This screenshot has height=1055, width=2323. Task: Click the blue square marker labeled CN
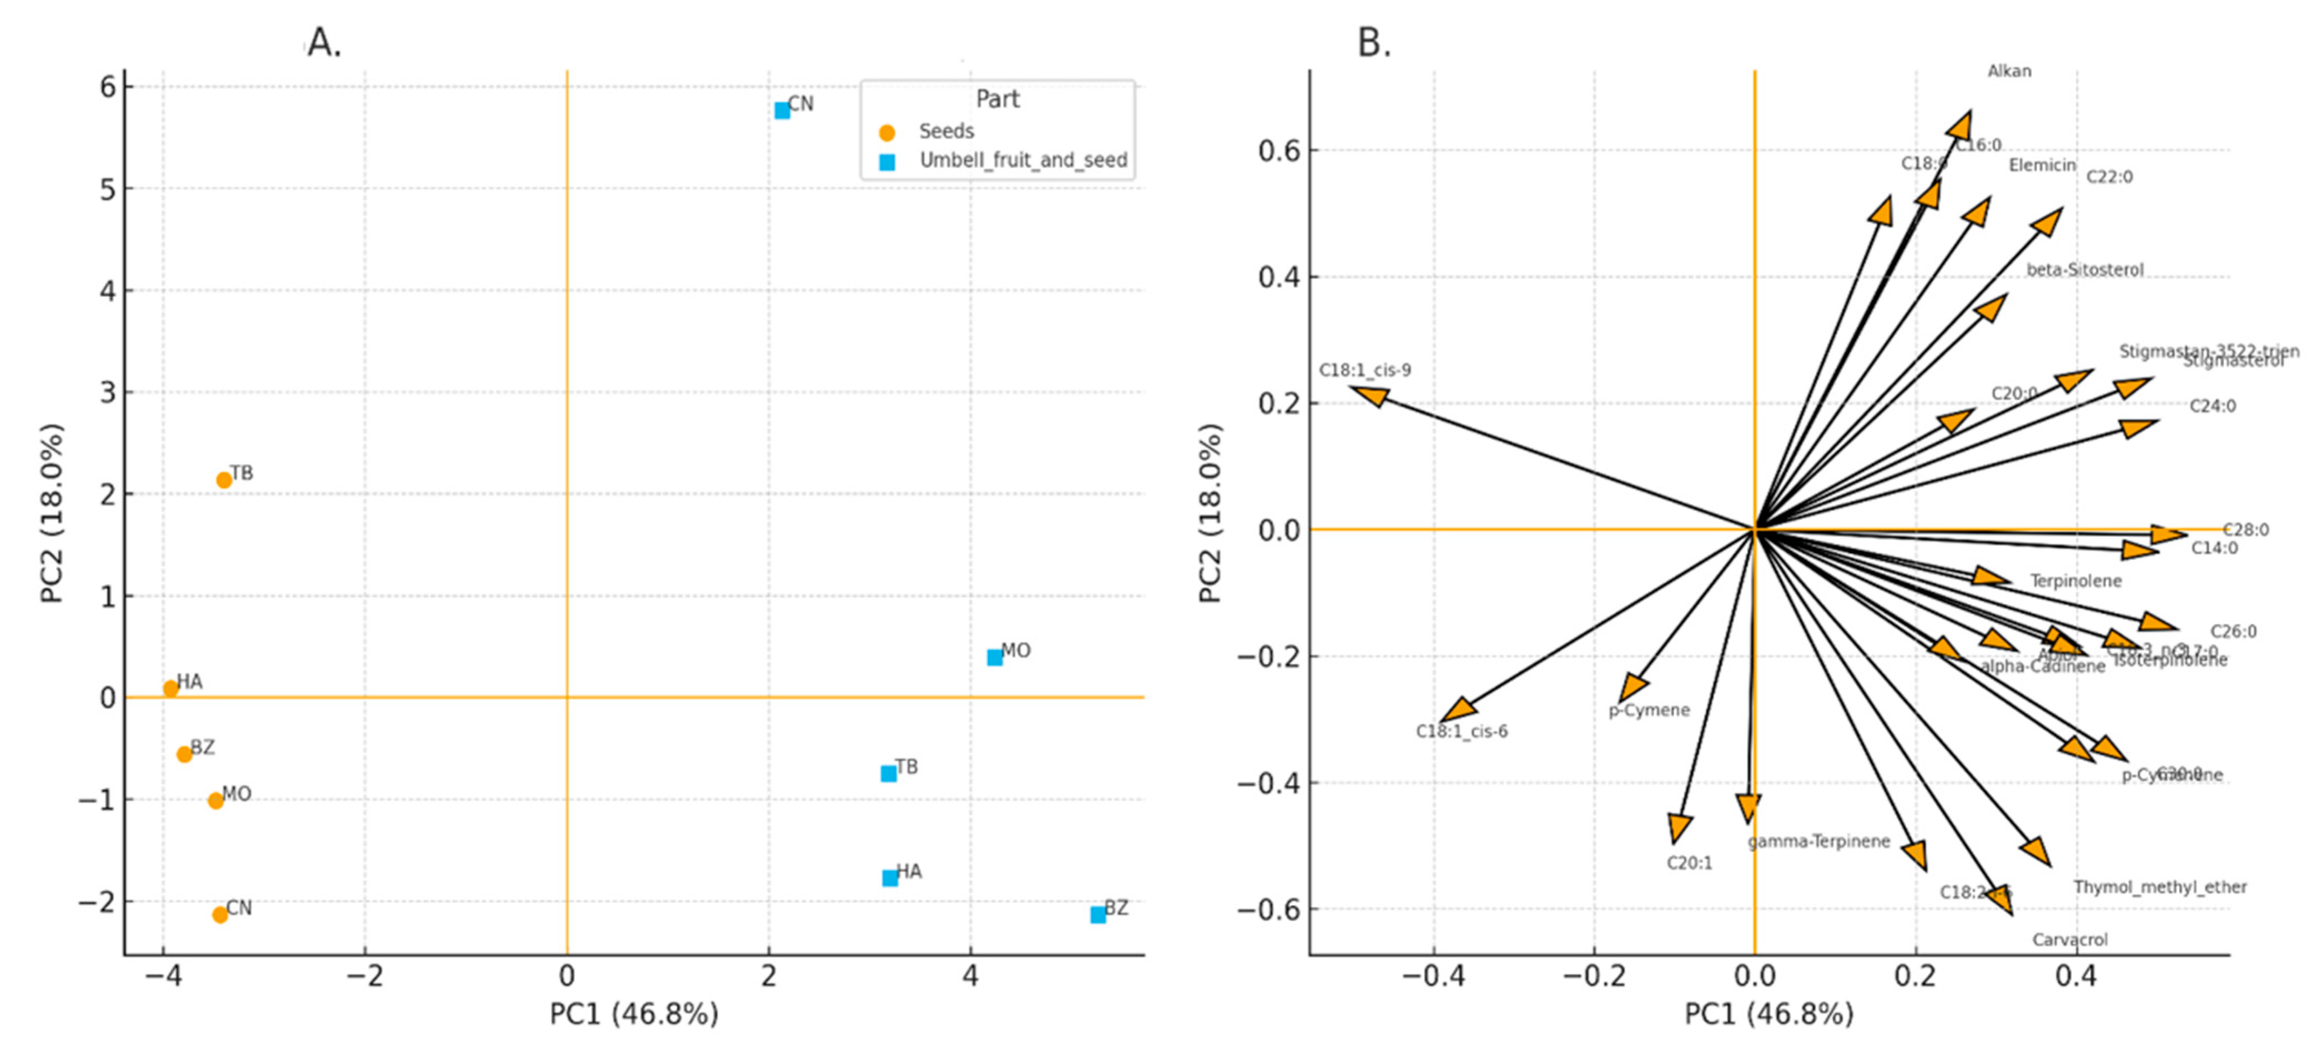782,110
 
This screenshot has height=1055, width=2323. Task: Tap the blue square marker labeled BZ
1097,915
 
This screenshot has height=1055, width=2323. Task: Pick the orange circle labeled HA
170,689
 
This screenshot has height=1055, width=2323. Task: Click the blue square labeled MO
995,657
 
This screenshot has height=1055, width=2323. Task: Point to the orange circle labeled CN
219,915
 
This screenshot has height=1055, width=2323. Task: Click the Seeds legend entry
946,132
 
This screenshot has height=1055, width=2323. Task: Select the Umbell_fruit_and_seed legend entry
1022,160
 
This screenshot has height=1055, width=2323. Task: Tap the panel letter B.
1373,42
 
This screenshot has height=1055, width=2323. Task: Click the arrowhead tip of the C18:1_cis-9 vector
1353,388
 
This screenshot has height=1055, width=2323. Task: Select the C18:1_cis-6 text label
1461,731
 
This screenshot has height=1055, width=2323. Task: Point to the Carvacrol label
2069,940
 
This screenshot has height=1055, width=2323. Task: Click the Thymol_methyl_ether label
2160,887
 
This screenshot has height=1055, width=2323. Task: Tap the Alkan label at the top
2009,71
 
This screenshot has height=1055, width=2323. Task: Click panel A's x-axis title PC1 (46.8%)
634,1014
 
